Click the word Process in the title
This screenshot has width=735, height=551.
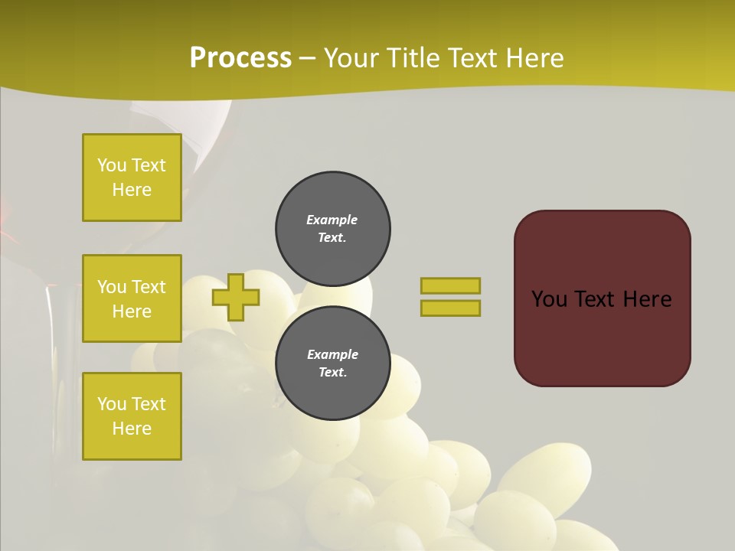click(x=240, y=58)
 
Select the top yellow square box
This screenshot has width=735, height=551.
click(x=132, y=178)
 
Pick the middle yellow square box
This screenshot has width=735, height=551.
click(x=132, y=298)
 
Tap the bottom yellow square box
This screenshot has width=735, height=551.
click(x=132, y=416)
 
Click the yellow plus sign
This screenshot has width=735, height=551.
click(x=236, y=297)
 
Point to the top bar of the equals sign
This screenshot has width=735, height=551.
click(x=450, y=285)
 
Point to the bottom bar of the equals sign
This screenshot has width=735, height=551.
click(x=450, y=308)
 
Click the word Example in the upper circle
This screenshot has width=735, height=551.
click(x=332, y=220)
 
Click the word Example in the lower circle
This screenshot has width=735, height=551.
click(x=332, y=354)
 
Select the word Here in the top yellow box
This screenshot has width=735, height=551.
click(x=132, y=190)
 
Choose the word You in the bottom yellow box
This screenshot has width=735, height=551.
click(x=112, y=404)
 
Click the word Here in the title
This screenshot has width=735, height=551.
click(x=533, y=58)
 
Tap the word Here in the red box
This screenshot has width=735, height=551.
click(x=647, y=299)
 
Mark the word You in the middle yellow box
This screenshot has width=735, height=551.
click(x=112, y=287)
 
